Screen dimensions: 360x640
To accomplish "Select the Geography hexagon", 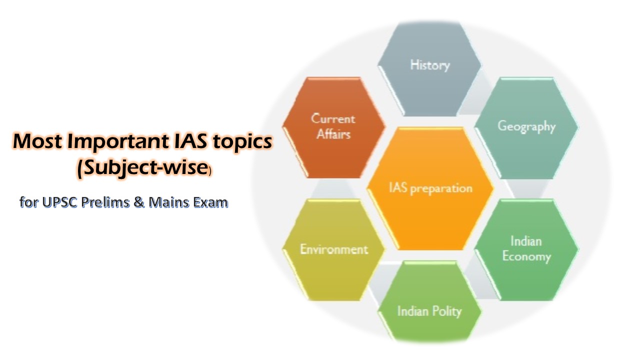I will pyautogui.click(x=526, y=127).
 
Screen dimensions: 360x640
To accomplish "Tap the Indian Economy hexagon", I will pyautogui.click(x=526, y=249).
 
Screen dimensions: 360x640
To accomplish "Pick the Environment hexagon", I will pyautogui.click(x=333, y=249).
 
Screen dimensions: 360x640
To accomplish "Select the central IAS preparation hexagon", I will pyautogui.click(x=430, y=188).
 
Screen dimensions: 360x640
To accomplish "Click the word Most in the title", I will pyautogui.click(x=38, y=141).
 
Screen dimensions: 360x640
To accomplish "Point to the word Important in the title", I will pyautogui.click(x=118, y=141).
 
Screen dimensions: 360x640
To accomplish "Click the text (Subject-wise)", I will pyautogui.click(x=144, y=168).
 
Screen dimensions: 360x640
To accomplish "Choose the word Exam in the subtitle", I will pyautogui.click(x=210, y=202).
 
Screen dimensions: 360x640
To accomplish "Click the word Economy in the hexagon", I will pyautogui.click(x=526, y=256).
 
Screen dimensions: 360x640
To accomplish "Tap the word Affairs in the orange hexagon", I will pyautogui.click(x=333, y=134).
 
